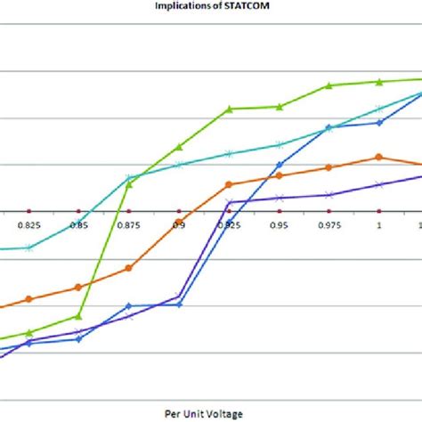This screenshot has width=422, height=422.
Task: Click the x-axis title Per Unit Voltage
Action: click(x=210, y=413)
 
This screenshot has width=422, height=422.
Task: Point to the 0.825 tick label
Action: click(x=28, y=227)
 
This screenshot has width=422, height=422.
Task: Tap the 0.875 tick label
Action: click(x=129, y=227)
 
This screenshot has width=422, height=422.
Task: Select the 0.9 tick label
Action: click(x=179, y=227)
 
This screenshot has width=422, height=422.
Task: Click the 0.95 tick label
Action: click(x=280, y=227)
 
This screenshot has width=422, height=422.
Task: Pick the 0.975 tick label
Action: click(x=329, y=227)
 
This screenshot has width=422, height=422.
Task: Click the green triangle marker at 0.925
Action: click(x=230, y=109)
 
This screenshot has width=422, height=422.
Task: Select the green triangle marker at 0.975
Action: click(x=329, y=85)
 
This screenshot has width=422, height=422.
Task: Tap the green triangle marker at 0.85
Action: click(x=79, y=316)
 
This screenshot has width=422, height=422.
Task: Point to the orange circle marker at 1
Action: click(x=379, y=157)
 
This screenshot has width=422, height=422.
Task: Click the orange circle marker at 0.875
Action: click(x=129, y=267)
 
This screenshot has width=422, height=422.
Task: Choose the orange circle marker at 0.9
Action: click(x=179, y=221)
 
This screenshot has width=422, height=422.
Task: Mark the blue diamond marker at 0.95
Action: click(x=280, y=165)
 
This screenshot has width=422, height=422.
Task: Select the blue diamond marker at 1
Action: click(x=379, y=122)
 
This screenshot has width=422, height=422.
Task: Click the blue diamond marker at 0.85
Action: click(x=79, y=338)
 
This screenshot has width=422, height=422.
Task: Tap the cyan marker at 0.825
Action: click(x=28, y=248)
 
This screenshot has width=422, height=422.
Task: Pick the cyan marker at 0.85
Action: click(x=79, y=222)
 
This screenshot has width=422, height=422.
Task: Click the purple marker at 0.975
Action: click(x=329, y=194)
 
